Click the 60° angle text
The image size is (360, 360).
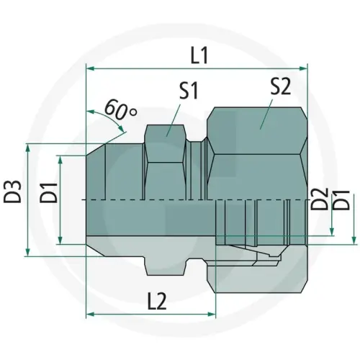pyautogui.click(x=120, y=109)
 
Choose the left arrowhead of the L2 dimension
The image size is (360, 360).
pyautogui.click(x=90, y=314)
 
